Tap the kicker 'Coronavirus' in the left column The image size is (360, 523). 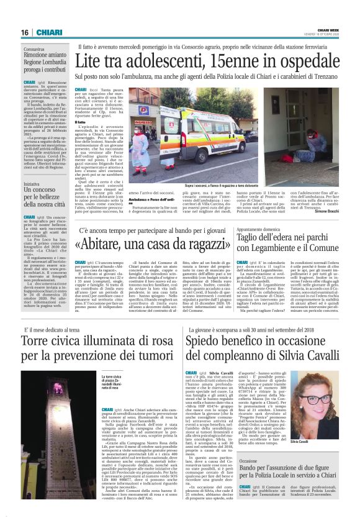point(34,48)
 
